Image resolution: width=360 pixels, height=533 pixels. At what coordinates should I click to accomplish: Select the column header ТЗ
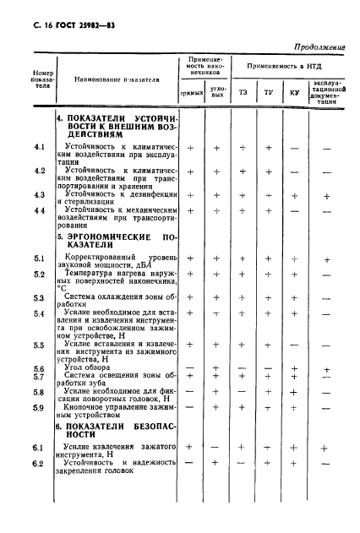[x=243, y=91]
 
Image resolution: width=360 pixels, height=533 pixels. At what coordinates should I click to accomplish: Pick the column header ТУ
[x=268, y=91]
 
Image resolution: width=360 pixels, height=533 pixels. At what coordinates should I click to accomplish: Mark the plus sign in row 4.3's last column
[x=326, y=196]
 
